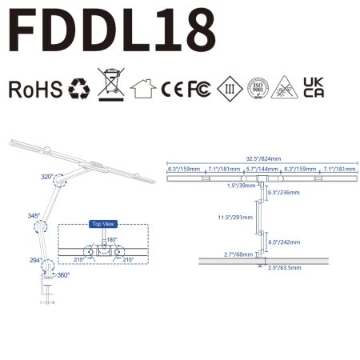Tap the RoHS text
point(34,89)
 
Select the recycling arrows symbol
point(80,88)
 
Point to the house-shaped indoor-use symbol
point(142,88)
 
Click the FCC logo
point(198,89)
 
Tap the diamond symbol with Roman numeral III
point(227,89)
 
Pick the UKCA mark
point(314,88)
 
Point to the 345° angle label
point(34,216)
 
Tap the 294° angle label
point(36,260)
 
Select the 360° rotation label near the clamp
point(63,275)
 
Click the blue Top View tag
point(102,224)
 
